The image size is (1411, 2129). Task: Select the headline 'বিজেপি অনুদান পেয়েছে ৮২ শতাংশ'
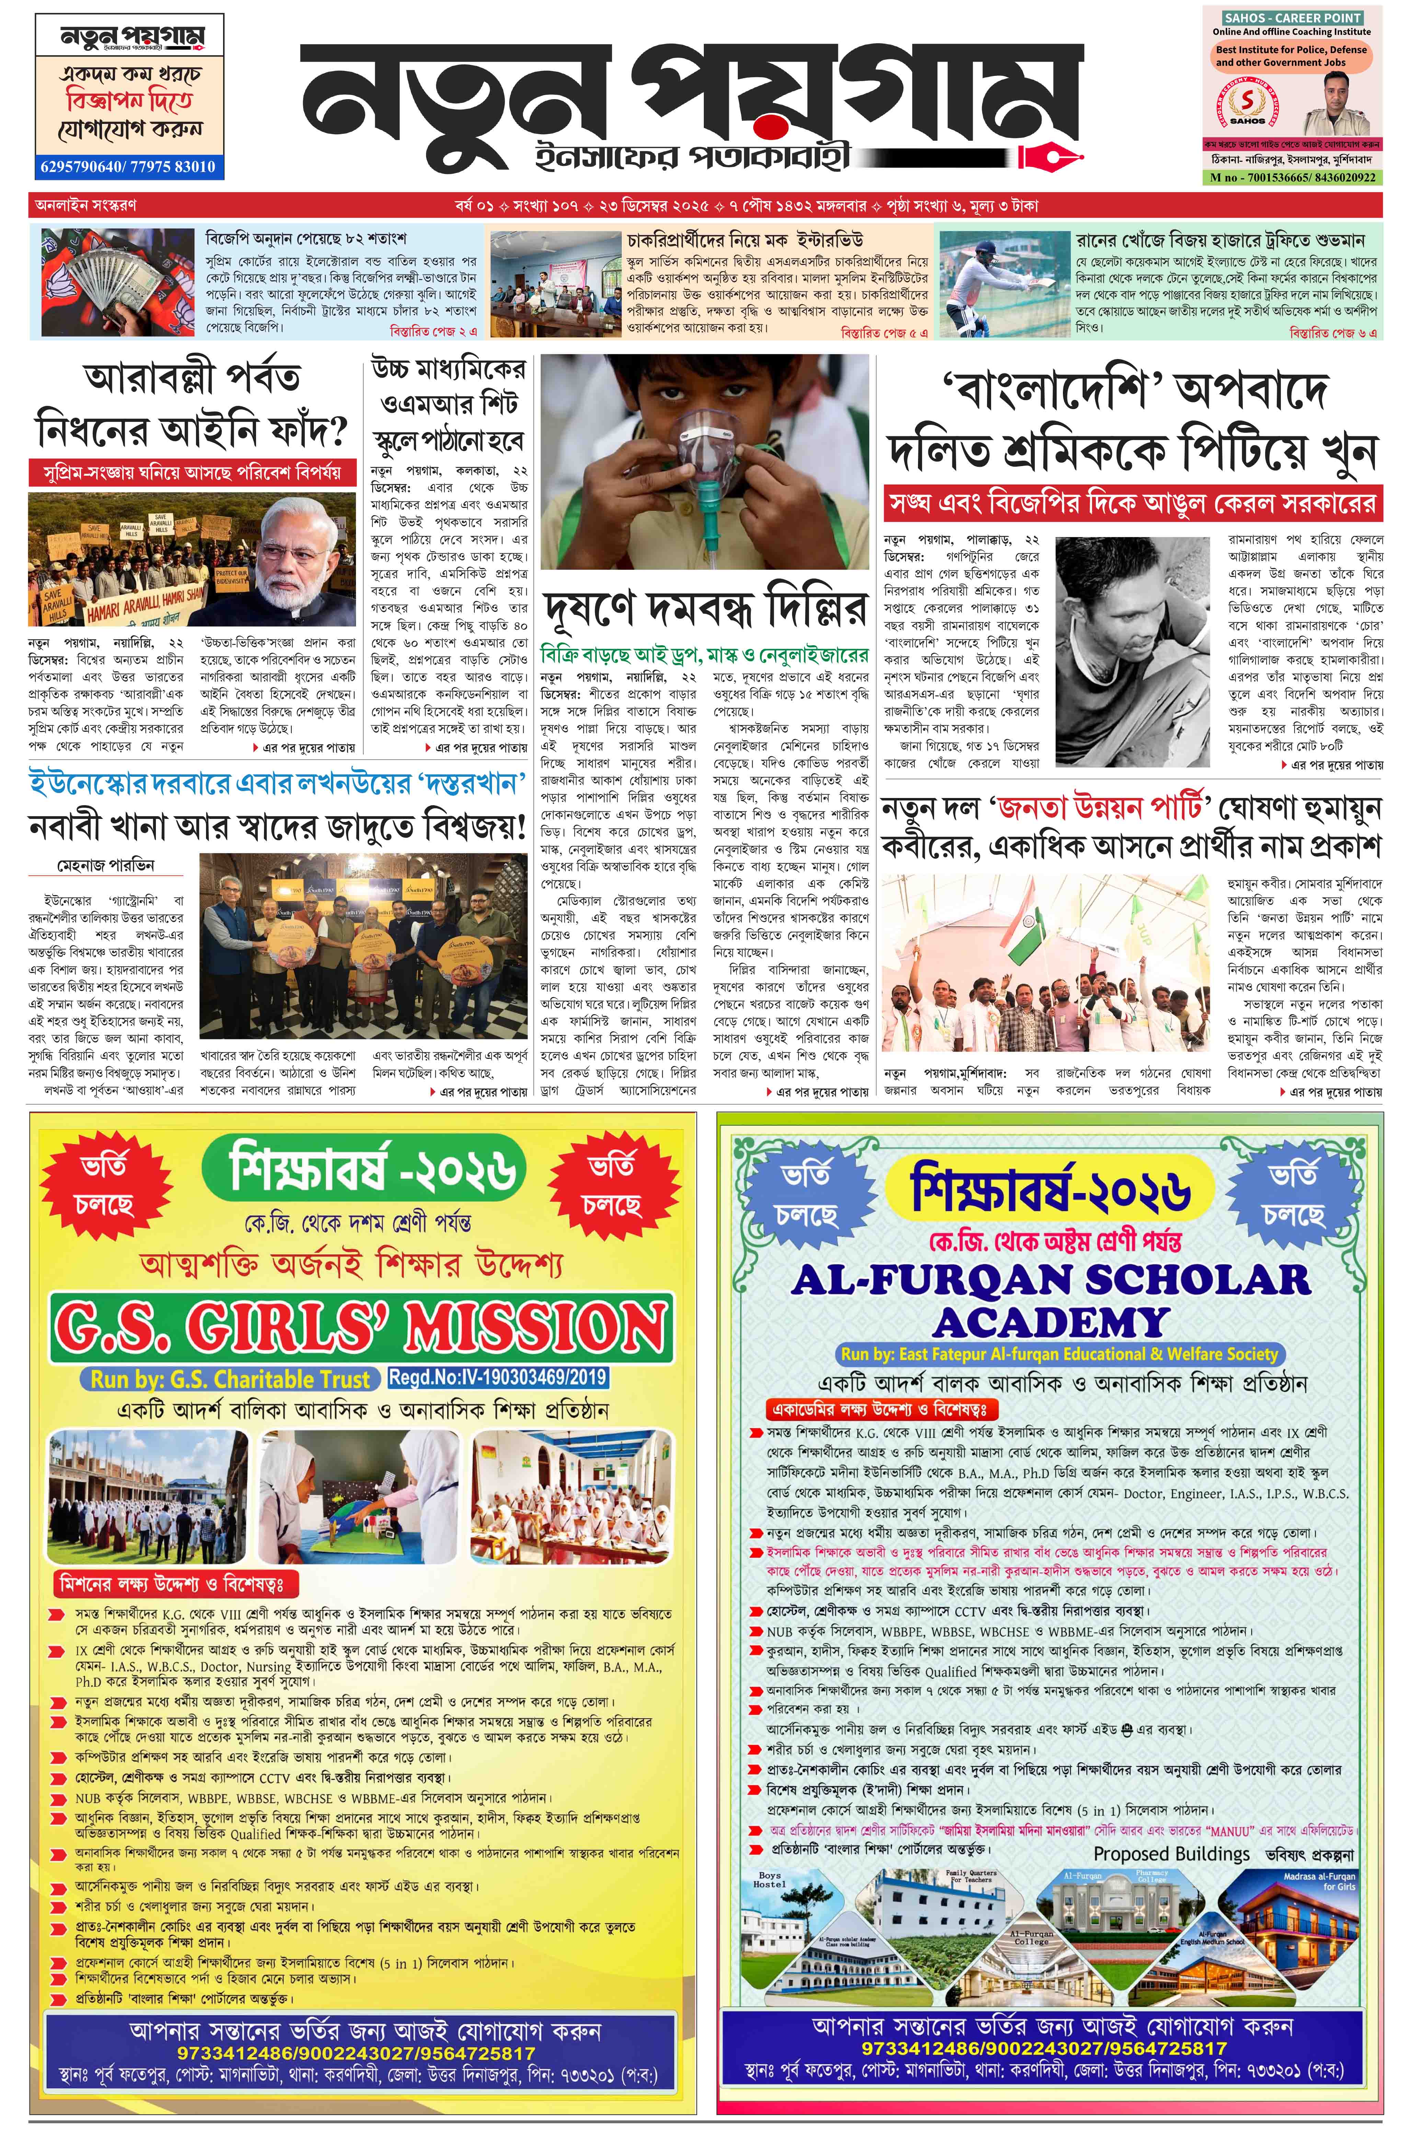pyautogui.click(x=306, y=239)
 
